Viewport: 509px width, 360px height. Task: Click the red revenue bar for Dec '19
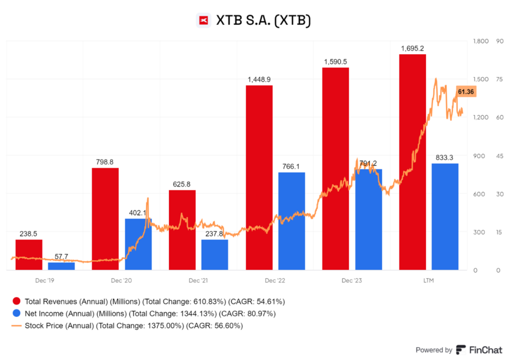pos(29,255)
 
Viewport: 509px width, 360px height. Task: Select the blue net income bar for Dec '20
pos(138,244)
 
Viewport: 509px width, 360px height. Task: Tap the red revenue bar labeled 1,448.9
pos(259,178)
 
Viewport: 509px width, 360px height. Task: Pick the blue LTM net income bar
pos(445,216)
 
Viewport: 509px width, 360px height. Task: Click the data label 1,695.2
pos(412,48)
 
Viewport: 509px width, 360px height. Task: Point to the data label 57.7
pos(61,257)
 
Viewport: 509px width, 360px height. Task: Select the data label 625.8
pos(182,184)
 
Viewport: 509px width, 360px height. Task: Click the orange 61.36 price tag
pos(466,91)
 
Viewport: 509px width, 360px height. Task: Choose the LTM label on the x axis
pos(428,280)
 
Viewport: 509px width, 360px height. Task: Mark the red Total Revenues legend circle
pos(16,301)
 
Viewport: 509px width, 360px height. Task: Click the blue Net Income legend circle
pos(16,314)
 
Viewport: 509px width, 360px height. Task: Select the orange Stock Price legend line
pos(16,326)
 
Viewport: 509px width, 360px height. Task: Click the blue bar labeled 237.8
pos(215,255)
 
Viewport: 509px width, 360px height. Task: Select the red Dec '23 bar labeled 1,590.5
pos(336,169)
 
